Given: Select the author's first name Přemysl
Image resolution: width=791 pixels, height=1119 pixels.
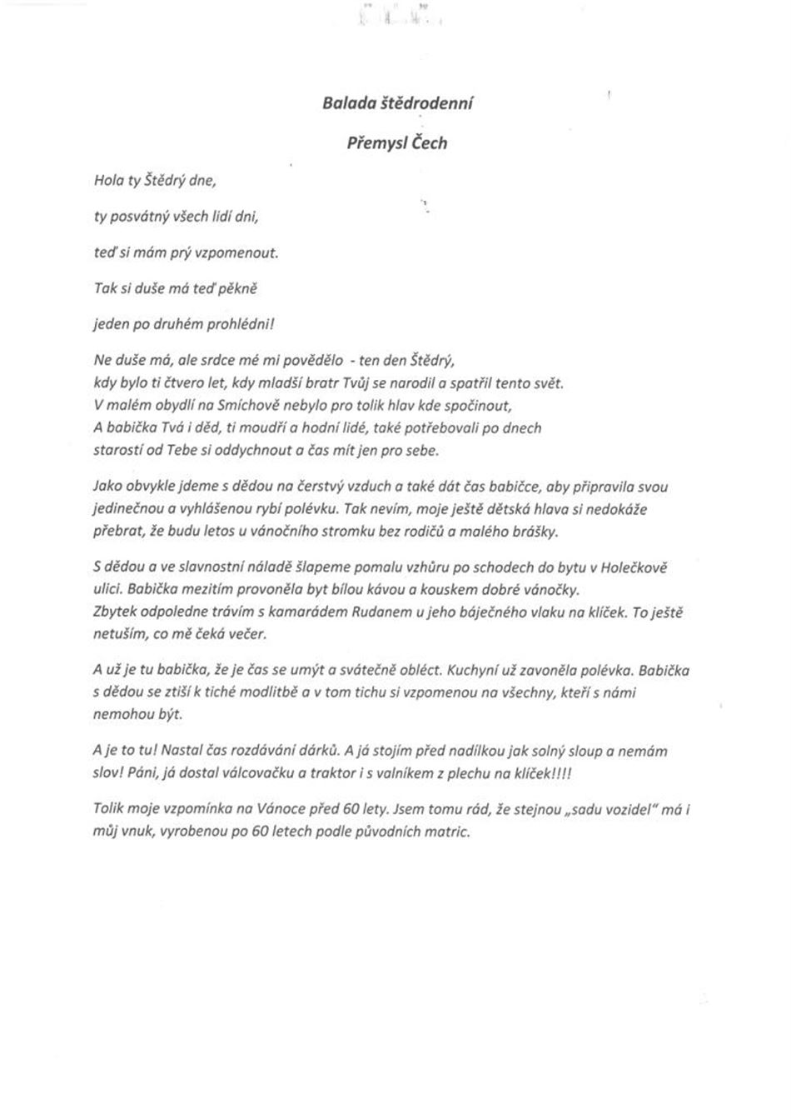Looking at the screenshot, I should (376, 142).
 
